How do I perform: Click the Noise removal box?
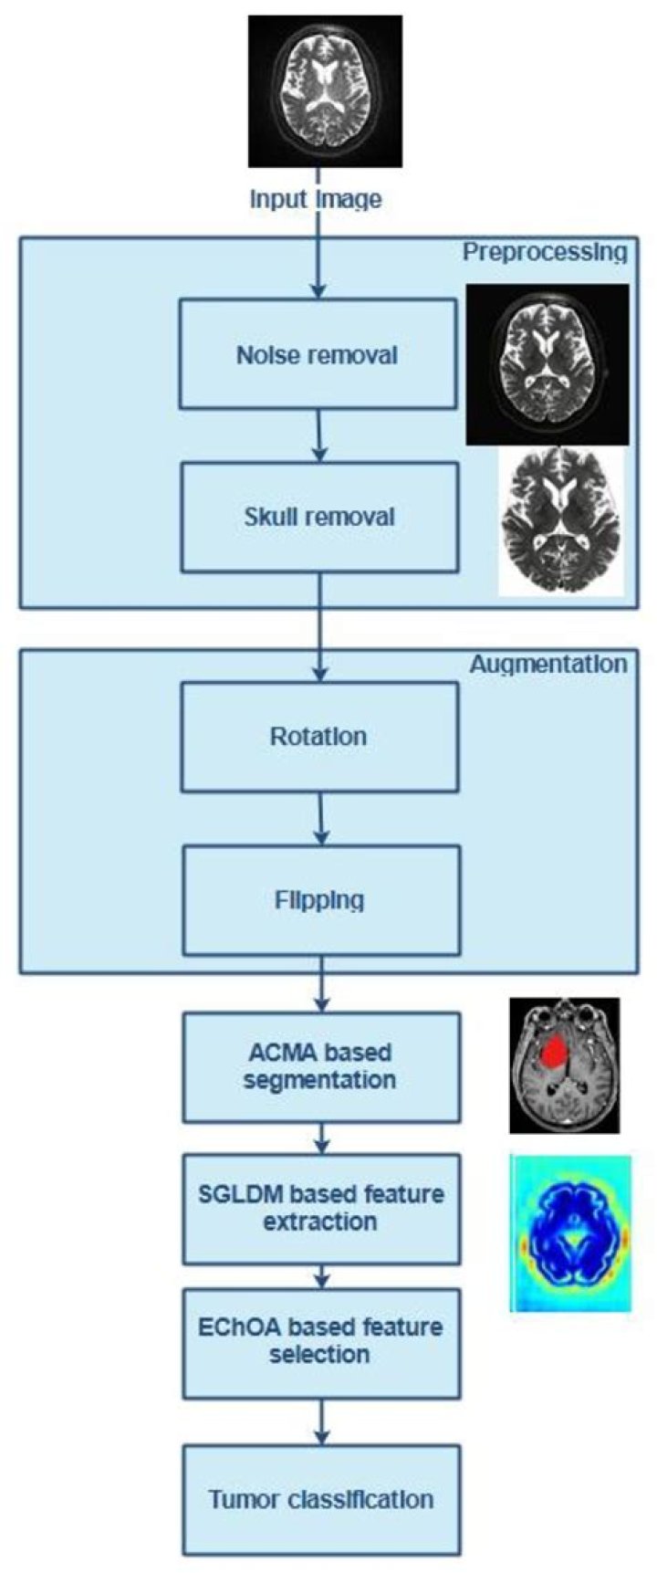click(x=318, y=354)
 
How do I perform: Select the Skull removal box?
click(x=319, y=518)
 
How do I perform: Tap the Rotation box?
click(x=319, y=737)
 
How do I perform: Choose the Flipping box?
click(x=321, y=900)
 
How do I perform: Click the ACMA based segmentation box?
click(x=321, y=1066)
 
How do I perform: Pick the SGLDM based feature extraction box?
click(x=321, y=1209)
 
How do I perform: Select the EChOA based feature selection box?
click(x=321, y=1343)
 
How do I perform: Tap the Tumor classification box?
click(x=321, y=1499)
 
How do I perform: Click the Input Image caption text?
click(x=316, y=199)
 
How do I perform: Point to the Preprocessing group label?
click(x=545, y=252)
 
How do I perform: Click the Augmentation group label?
click(x=548, y=664)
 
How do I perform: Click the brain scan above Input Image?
click(x=325, y=90)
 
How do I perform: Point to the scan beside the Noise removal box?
click(x=547, y=364)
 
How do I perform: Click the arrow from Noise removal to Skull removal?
click(x=318, y=435)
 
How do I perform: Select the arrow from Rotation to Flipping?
click(x=320, y=819)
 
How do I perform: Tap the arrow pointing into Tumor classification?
click(x=321, y=1421)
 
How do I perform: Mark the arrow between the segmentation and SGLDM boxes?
click(x=321, y=1138)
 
